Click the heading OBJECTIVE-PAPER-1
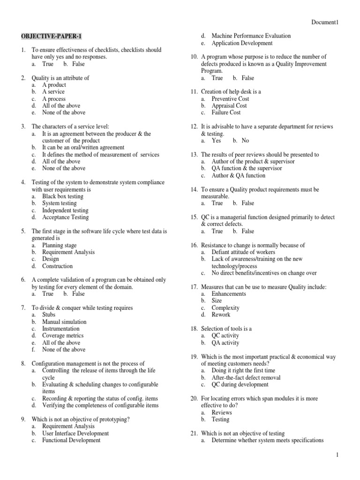point(47,36)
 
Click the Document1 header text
point(325,22)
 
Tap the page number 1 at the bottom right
point(337,455)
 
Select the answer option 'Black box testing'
point(63,196)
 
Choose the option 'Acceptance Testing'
point(65,217)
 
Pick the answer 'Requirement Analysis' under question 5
point(68,252)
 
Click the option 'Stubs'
point(49,315)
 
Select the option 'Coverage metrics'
point(63,336)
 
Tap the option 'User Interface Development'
point(75,434)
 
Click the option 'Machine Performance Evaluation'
point(251,36)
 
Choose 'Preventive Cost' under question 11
point(230,99)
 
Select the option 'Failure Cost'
point(226,112)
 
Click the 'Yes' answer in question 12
point(216,141)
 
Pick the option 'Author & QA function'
point(238,175)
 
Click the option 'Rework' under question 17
point(221,315)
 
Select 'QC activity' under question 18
point(225,336)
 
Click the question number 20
point(194,398)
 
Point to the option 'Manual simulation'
point(64,322)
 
